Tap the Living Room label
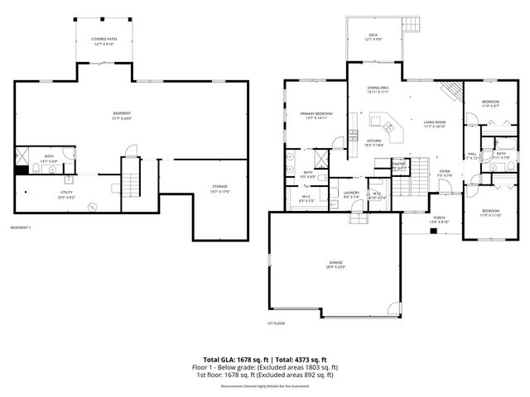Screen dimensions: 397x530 click(x=435, y=124)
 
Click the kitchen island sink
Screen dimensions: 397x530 click(x=386, y=126)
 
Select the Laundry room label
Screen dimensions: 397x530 click(x=351, y=195)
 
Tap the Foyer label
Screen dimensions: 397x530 click(x=445, y=173)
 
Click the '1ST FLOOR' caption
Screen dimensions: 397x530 click(x=276, y=323)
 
